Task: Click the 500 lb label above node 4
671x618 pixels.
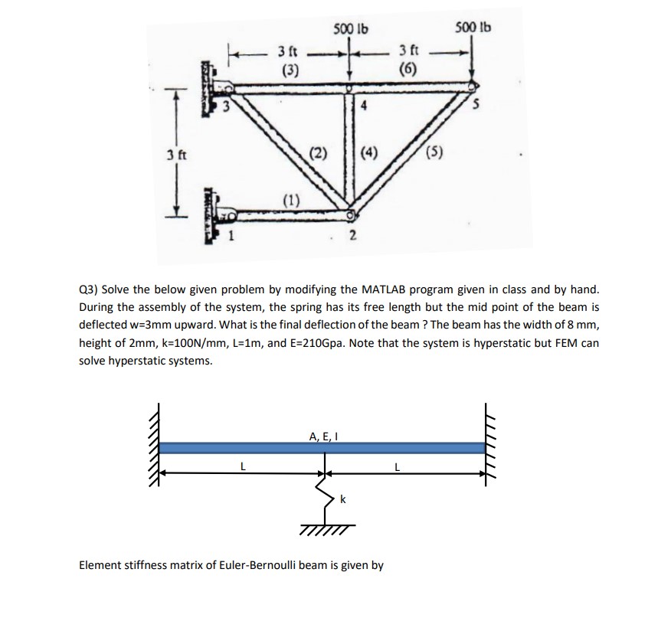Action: tap(351, 30)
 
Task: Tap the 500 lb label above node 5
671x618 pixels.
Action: tap(473, 28)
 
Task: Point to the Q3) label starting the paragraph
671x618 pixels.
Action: tap(89, 292)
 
